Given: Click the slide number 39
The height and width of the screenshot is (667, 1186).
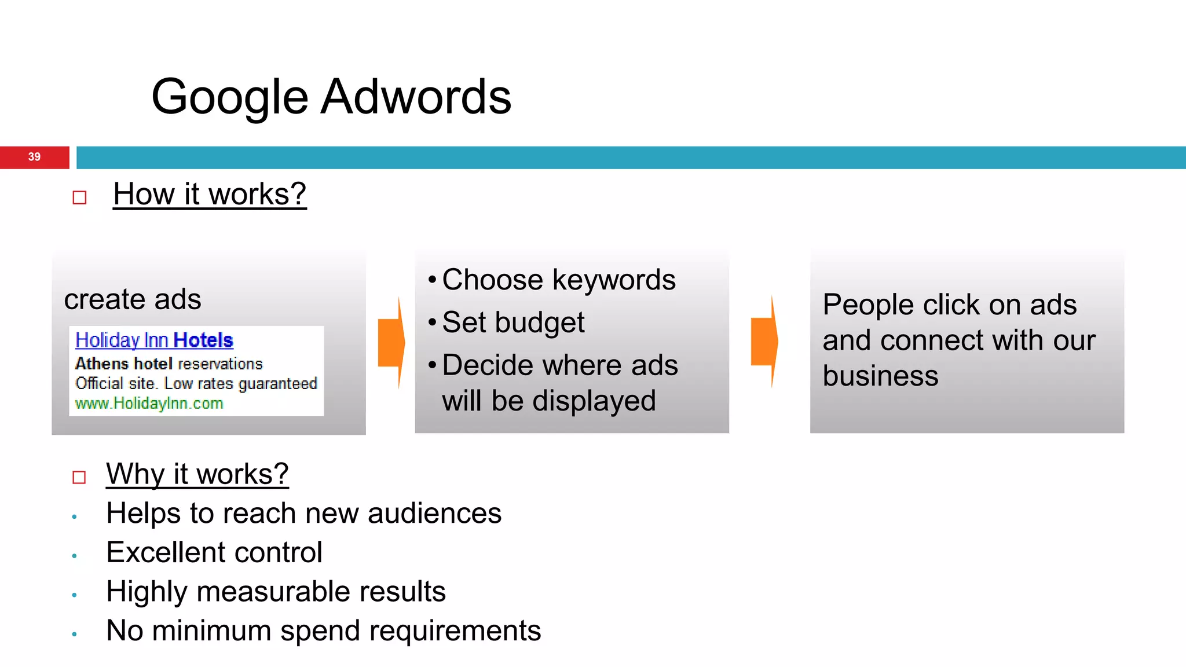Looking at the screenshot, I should pyautogui.click(x=34, y=157).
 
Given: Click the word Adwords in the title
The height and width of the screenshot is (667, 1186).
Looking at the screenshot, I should pyautogui.click(x=415, y=97).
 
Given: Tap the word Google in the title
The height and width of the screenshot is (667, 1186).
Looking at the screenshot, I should pyautogui.click(x=229, y=97).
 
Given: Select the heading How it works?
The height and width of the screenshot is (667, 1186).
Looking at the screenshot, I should pyautogui.click(x=209, y=194).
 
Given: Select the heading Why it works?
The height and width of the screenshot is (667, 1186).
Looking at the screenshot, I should pyautogui.click(x=197, y=474).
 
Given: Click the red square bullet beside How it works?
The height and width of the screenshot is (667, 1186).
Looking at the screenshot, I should pyautogui.click(x=79, y=198).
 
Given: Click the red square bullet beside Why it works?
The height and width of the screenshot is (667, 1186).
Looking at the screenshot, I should pyautogui.click(x=79, y=478).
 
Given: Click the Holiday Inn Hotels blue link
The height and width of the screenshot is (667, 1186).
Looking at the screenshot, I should pyautogui.click(x=154, y=340).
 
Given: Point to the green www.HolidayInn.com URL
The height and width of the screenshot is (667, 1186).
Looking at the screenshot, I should pyautogui.click(x=149, y=404).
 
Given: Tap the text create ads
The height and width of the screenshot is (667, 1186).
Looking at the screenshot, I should pyautogui.click(x=133, y=299).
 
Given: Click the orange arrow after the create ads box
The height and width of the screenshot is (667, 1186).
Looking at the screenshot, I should pyautogui.click(x=391, y=342).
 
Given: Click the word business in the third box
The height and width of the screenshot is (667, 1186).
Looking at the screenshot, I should pyautogui.click(x=880, y=376).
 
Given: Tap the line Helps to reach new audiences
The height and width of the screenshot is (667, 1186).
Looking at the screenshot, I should pyautogui.click(x=303, y=514).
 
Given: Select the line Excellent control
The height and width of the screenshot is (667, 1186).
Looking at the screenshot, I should pyautogui.click(x=214, y=552).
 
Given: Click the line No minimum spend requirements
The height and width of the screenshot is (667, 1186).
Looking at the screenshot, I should pyautogui.click(x=323, y=631).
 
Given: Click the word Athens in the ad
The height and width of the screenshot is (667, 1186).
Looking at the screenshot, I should pyautogui.click(x=101, y=364).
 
